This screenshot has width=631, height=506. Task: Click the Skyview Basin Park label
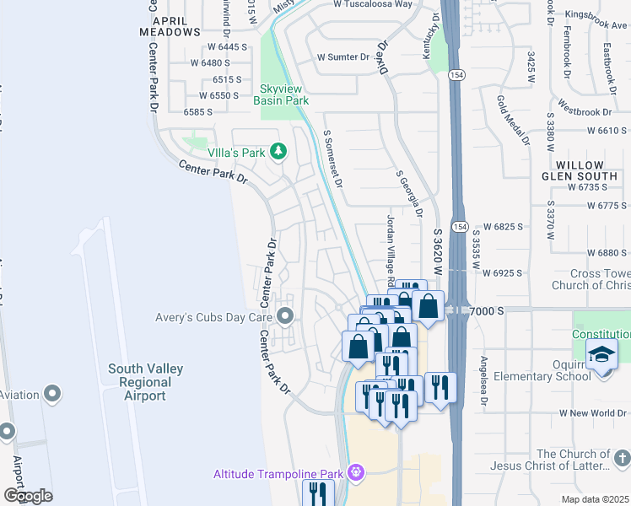click(x=281, y=94)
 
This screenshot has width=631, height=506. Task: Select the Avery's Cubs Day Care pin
click(x=285, y=317)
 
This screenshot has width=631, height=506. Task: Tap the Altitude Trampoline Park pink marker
click(x=356, y=472)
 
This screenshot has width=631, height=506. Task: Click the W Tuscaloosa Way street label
click(x=373, y=4)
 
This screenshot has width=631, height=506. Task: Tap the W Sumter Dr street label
click(x=343, y=57)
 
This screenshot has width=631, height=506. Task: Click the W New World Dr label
click(x=594, y=414)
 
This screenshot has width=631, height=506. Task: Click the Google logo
click(x=28, y=496)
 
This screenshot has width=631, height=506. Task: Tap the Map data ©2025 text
click(x=595, y=499)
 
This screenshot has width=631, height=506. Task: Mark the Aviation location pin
click(x=52, y=395)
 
